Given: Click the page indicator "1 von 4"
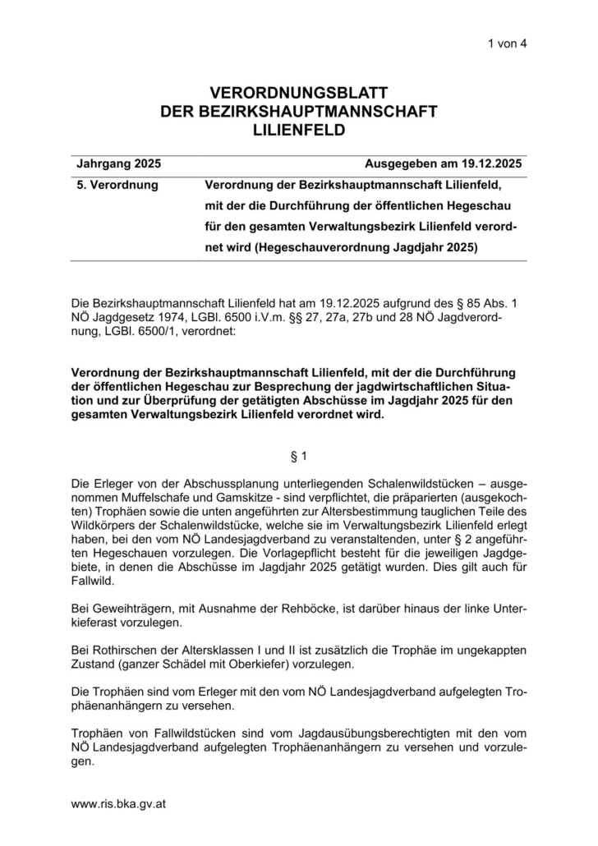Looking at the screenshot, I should click(x=506, y=44).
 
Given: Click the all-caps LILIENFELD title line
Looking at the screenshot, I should click(x=299, y=130).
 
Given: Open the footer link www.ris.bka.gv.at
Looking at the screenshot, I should click(x=119, y=804).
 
